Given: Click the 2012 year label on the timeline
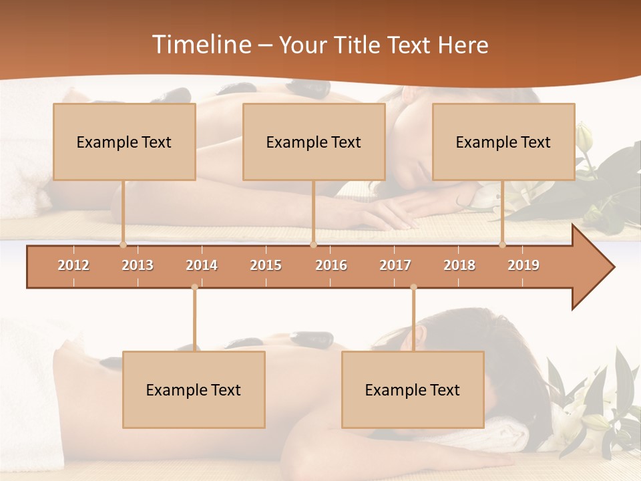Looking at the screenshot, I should pos(73,265).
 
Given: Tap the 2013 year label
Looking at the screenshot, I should pos(138,265).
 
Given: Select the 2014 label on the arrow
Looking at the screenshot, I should pos(202,265).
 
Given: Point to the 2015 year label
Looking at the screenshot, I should pos(266,265).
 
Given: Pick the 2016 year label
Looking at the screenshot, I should pos(331,265).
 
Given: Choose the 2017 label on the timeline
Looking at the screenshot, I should pos(395,265).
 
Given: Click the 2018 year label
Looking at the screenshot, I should pos(459,265).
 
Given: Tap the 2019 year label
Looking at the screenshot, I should pos(523,265).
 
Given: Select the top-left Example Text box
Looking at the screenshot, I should pos(124,142).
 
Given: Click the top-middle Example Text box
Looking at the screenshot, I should pos(314,142).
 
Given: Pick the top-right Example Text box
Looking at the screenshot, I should pos(503,142).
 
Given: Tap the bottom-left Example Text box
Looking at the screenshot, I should pos(194,389).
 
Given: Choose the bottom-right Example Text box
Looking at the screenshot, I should pos(413,389).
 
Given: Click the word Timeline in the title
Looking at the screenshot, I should pos(200,45).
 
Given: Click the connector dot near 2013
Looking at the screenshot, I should pos(123,245).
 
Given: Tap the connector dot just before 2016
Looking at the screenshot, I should pos(313,245).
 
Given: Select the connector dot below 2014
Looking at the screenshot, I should pos(194,287).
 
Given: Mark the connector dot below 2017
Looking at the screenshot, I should pos(413,287).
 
